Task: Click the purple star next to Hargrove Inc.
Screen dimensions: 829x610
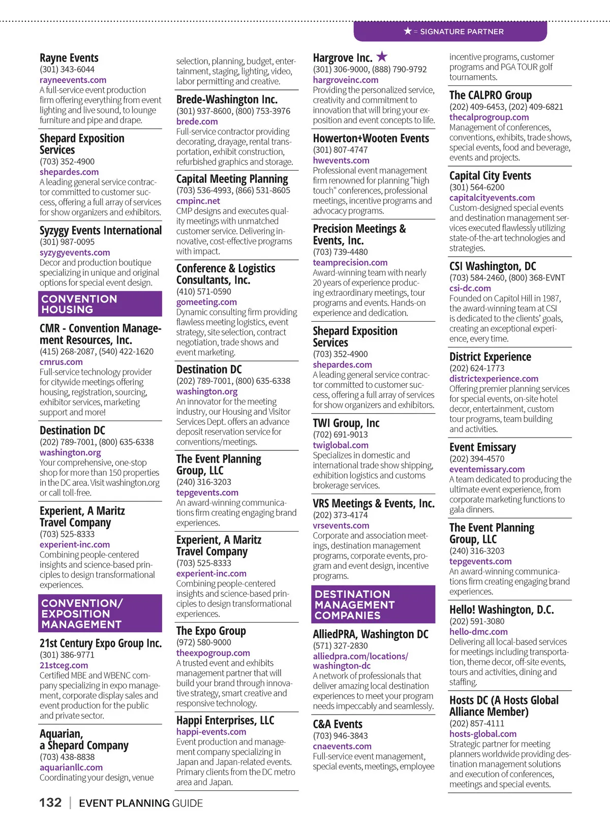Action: point(382,56)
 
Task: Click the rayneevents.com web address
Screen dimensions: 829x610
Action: point(73,80)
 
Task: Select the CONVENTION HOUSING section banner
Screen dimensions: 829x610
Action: point(100,304)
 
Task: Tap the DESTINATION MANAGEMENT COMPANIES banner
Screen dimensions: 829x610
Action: point(373,604)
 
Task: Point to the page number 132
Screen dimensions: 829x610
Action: point(50,803)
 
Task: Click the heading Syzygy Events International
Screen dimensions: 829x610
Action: point(101,230)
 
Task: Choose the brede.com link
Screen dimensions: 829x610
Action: point(197,121)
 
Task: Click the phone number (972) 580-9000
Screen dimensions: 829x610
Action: point(203,642)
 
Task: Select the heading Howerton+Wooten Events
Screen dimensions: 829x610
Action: point(371,138)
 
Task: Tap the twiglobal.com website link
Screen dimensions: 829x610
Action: point(341,445)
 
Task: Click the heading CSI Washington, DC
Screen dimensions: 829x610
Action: point(492,266)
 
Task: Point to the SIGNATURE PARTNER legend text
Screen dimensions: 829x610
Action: point(461,32)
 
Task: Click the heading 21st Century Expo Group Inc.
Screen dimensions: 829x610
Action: point(101,643)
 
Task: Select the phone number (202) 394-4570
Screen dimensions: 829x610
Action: point(476,458)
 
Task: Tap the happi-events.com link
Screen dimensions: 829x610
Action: point(211,731)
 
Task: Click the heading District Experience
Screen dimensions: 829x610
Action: point(490,357)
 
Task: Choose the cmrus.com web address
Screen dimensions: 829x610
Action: point(61,362)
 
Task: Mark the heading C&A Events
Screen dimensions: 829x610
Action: point(338,724)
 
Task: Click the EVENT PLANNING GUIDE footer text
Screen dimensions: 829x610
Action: point(141,803)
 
